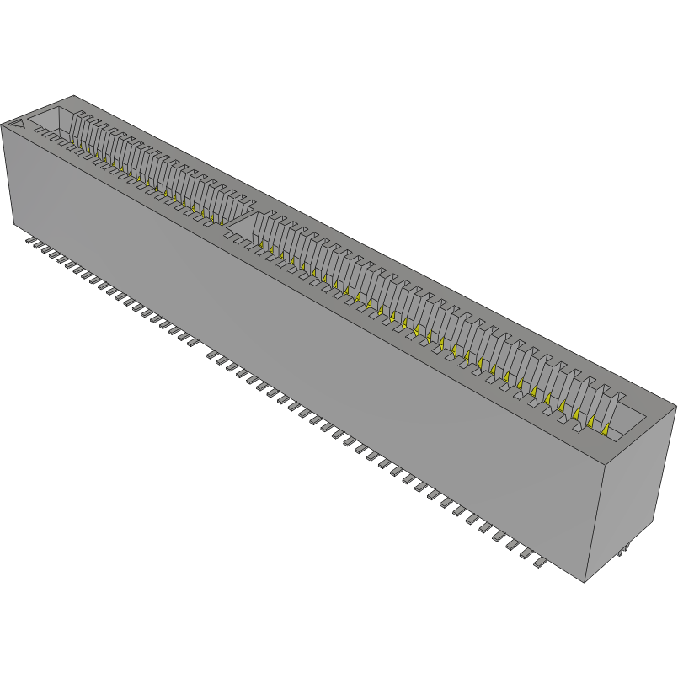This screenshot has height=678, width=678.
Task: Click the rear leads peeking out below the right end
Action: tap(622, 551)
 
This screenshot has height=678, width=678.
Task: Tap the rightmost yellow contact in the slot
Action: tap(605, 430)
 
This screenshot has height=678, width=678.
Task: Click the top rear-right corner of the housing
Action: tap(675, 407)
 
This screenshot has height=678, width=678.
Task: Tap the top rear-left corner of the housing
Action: tap(74, 95)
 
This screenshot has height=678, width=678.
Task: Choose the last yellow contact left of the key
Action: tap(222, 223)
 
